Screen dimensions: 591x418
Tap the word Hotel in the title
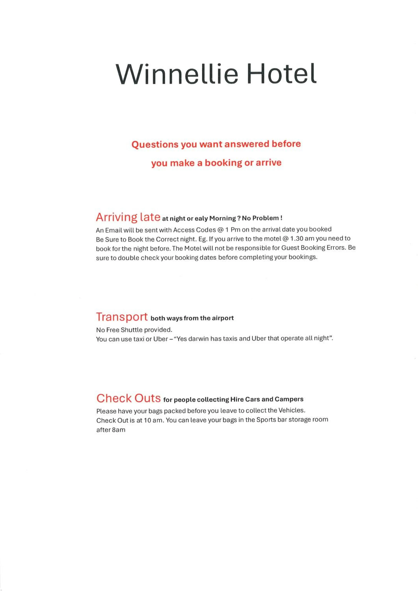281,74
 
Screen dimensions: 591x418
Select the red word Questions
155,144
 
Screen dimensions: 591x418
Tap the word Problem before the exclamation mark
265,218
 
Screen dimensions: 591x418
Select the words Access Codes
194,230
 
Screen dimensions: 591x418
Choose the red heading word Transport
122,317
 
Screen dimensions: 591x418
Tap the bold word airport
223,318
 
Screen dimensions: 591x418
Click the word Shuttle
131,330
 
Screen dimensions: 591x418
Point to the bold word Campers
289,399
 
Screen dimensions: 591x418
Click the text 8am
119,430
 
